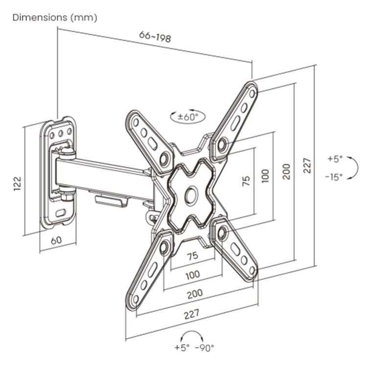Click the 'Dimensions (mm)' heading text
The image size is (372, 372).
(x=54, y=18)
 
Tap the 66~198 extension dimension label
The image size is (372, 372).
(x=155, y=36)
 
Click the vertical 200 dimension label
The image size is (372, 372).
(x=286, y=171)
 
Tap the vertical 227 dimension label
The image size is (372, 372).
(x=306, y=165)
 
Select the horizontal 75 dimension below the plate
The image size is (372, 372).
(x=192, y=256)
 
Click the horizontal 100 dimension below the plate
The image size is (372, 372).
(x=192, y=275)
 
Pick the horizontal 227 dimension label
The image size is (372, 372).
(x=191, y=315)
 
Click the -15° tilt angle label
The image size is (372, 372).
(x=334, y=177)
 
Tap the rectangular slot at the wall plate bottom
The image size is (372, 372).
(x=61, y=213)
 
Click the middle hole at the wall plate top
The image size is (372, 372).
(x=61, y=132)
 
